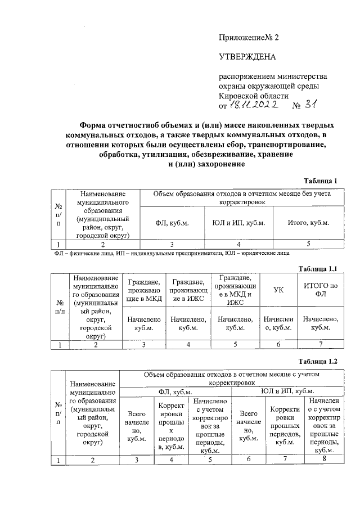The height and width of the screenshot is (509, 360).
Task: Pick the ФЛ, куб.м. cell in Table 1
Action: coord(172,223)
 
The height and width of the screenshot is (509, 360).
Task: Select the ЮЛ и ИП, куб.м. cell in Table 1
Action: coord(238,223)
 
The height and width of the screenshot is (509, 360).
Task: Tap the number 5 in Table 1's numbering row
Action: coord(308,244)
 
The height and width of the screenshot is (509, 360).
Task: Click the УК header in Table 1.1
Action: coord(278,290)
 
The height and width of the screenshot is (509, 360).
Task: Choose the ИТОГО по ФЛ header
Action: coord(320,290)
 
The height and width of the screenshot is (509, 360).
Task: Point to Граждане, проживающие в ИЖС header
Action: coord(189,290)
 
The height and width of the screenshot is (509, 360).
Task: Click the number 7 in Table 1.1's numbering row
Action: coord(320,345)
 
